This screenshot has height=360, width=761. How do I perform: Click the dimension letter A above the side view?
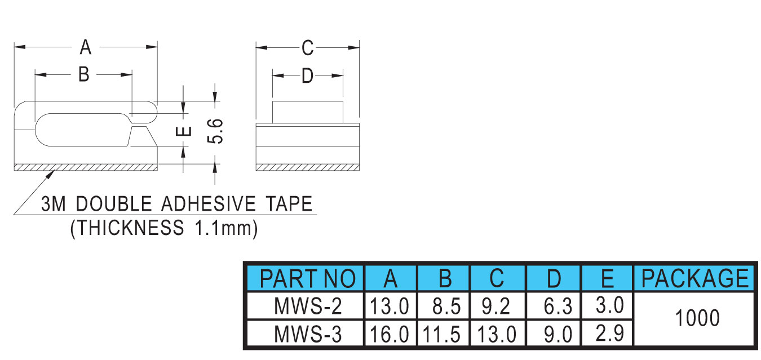(85, 47)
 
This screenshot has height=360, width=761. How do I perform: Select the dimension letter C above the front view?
(307, 48)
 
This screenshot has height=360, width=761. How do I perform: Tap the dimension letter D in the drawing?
(307, 75)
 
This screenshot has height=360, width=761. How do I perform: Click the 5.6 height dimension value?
(216, 131)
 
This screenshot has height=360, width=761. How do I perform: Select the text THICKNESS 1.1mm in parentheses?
(164, 228)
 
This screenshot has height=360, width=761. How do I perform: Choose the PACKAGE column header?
(695, 278)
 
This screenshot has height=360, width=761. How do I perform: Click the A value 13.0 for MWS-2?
(390, 307)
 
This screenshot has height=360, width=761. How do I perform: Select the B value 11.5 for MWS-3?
(443, 335)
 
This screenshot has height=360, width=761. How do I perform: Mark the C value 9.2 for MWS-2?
(497, 307)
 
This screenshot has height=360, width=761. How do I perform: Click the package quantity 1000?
(697, 319)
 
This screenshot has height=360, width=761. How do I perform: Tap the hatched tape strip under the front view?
(308, 167)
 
